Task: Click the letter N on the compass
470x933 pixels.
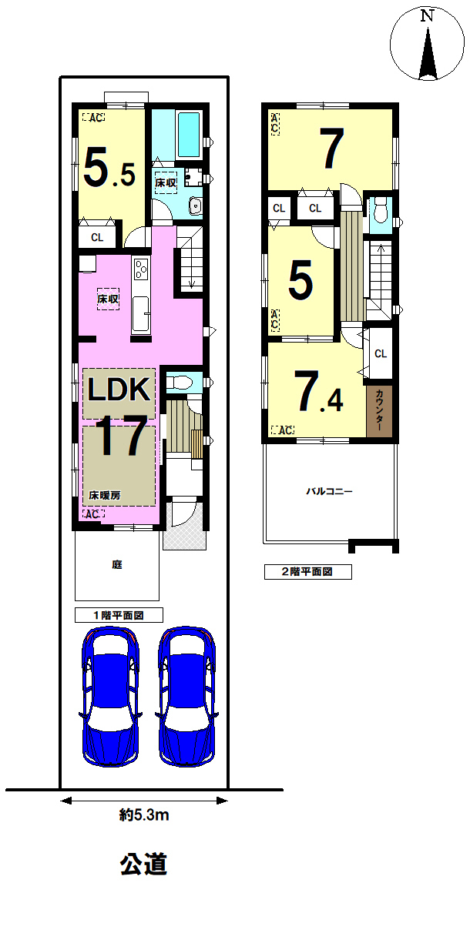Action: tap(427, 16)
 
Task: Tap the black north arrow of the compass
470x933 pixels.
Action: tap(428, 53)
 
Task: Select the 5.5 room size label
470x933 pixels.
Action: tap(109, 169)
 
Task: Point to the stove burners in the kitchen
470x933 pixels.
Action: tap(141, 269)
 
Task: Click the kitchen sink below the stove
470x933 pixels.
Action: tap(140, 314)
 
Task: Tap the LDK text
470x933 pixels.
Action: tap(119, 390)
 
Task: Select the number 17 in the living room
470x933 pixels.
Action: tap(122, 436)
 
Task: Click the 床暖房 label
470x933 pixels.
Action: tap(105, 495)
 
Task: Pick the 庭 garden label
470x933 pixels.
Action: tap(117, 565)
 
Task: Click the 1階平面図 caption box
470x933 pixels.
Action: tap(119, 615)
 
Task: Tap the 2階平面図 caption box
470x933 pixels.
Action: tap(307, 572)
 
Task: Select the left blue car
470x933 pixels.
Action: tap(110, 697)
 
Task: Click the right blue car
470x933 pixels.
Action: tap(186, 697)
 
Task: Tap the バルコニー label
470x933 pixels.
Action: tap(330, 491)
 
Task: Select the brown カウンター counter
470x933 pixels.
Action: tap(380, 411)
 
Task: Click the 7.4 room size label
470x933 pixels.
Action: tap(318, 391)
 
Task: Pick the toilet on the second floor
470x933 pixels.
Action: tap(380, 211)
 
